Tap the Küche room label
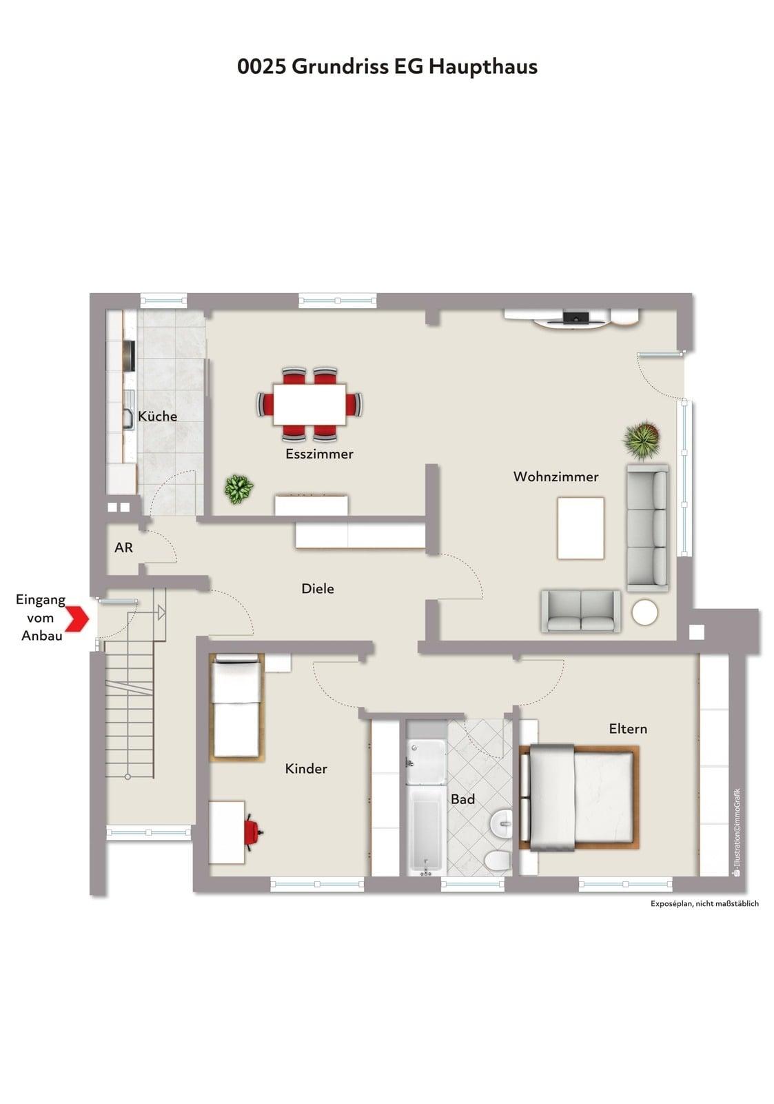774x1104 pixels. [157, 416]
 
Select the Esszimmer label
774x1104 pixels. [319, 454]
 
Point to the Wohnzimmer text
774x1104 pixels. [556, 476]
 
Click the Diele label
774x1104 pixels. [318, 588]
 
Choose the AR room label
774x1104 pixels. [123, 548]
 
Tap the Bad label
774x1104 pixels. [462, 799]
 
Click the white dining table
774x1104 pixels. [310, 404]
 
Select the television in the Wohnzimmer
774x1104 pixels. [576, 317]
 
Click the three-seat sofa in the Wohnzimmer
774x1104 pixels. [647, 528]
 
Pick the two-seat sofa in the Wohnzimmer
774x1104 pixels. [580, 612]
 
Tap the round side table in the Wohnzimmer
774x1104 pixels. [645, 612]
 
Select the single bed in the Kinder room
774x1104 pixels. [236, 707]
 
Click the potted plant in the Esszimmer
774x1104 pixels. [239, 490]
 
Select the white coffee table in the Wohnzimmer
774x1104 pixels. [580, 528]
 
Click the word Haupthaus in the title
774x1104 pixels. [483, 66]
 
